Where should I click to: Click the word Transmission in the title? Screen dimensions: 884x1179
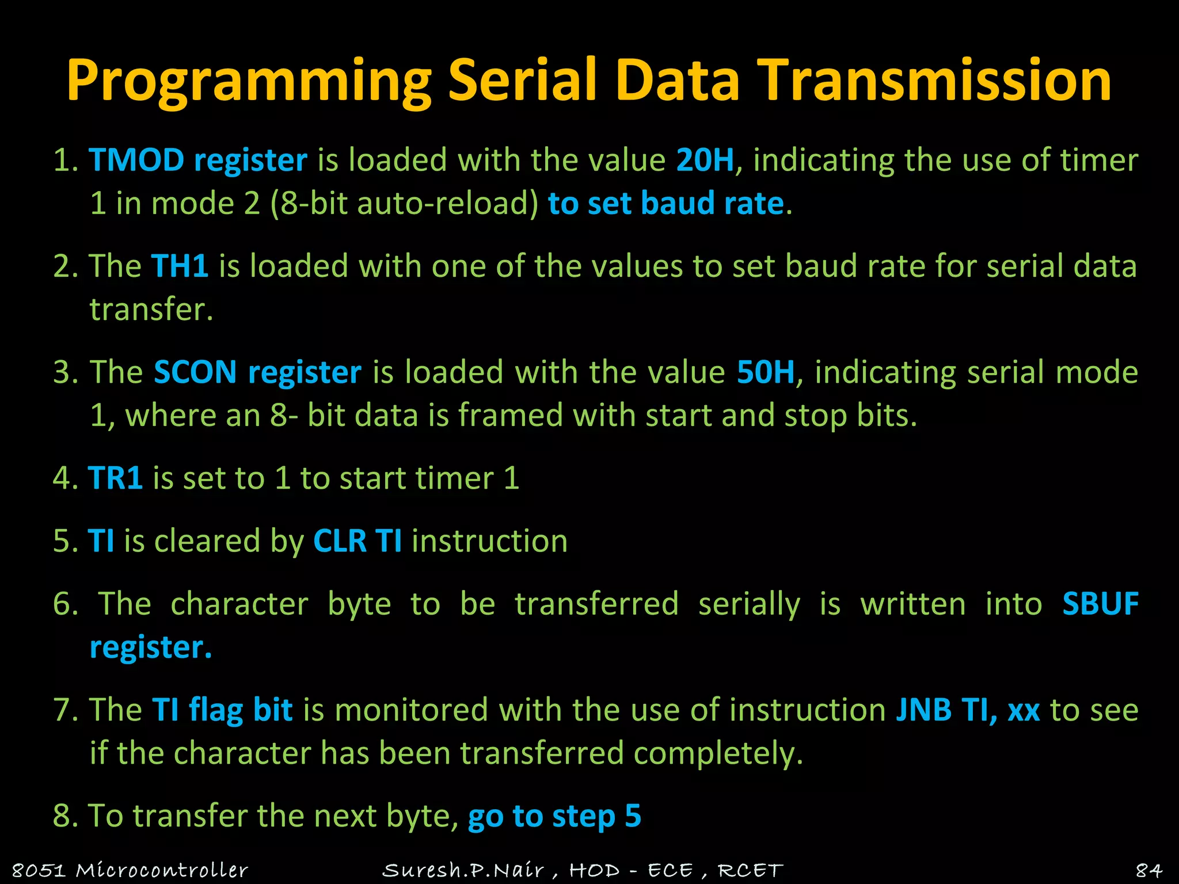point(933,81)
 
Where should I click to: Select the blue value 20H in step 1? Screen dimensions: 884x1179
point(705,160)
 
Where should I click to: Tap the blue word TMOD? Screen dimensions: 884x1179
point(136,160)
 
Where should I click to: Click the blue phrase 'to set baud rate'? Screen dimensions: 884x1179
point(665,203)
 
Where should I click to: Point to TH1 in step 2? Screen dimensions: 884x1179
point(180,266)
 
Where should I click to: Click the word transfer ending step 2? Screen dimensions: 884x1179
point(151,310)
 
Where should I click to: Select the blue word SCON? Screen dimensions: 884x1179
point(195,372)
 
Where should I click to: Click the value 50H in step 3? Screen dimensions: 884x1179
point(765,372)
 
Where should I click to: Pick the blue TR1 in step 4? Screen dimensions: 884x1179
point(115,478)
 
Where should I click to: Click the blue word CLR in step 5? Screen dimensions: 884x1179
point(340,541)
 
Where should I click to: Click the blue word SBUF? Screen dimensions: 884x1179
point(1100,604)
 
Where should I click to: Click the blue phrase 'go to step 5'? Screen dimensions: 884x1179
point(554,816)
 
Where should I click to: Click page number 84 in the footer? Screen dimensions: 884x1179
point(1148,870)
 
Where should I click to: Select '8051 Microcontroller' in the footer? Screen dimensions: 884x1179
point(130,870)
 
